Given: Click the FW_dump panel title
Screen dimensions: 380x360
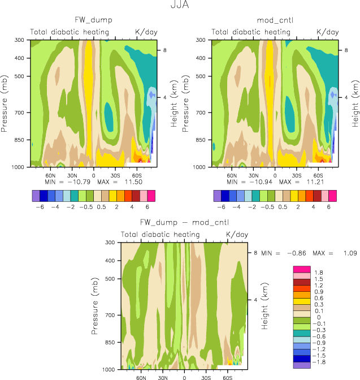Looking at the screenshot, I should [x=94, y=20].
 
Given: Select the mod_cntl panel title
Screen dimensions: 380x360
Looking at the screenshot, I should [x=275, y=20].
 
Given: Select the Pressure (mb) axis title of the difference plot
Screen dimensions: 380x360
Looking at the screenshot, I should [x=94, y=305].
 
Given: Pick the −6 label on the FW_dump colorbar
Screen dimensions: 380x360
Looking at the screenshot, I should [x=40, y=207].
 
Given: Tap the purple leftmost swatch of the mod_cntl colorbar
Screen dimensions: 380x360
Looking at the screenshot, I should [x=218, y=196].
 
